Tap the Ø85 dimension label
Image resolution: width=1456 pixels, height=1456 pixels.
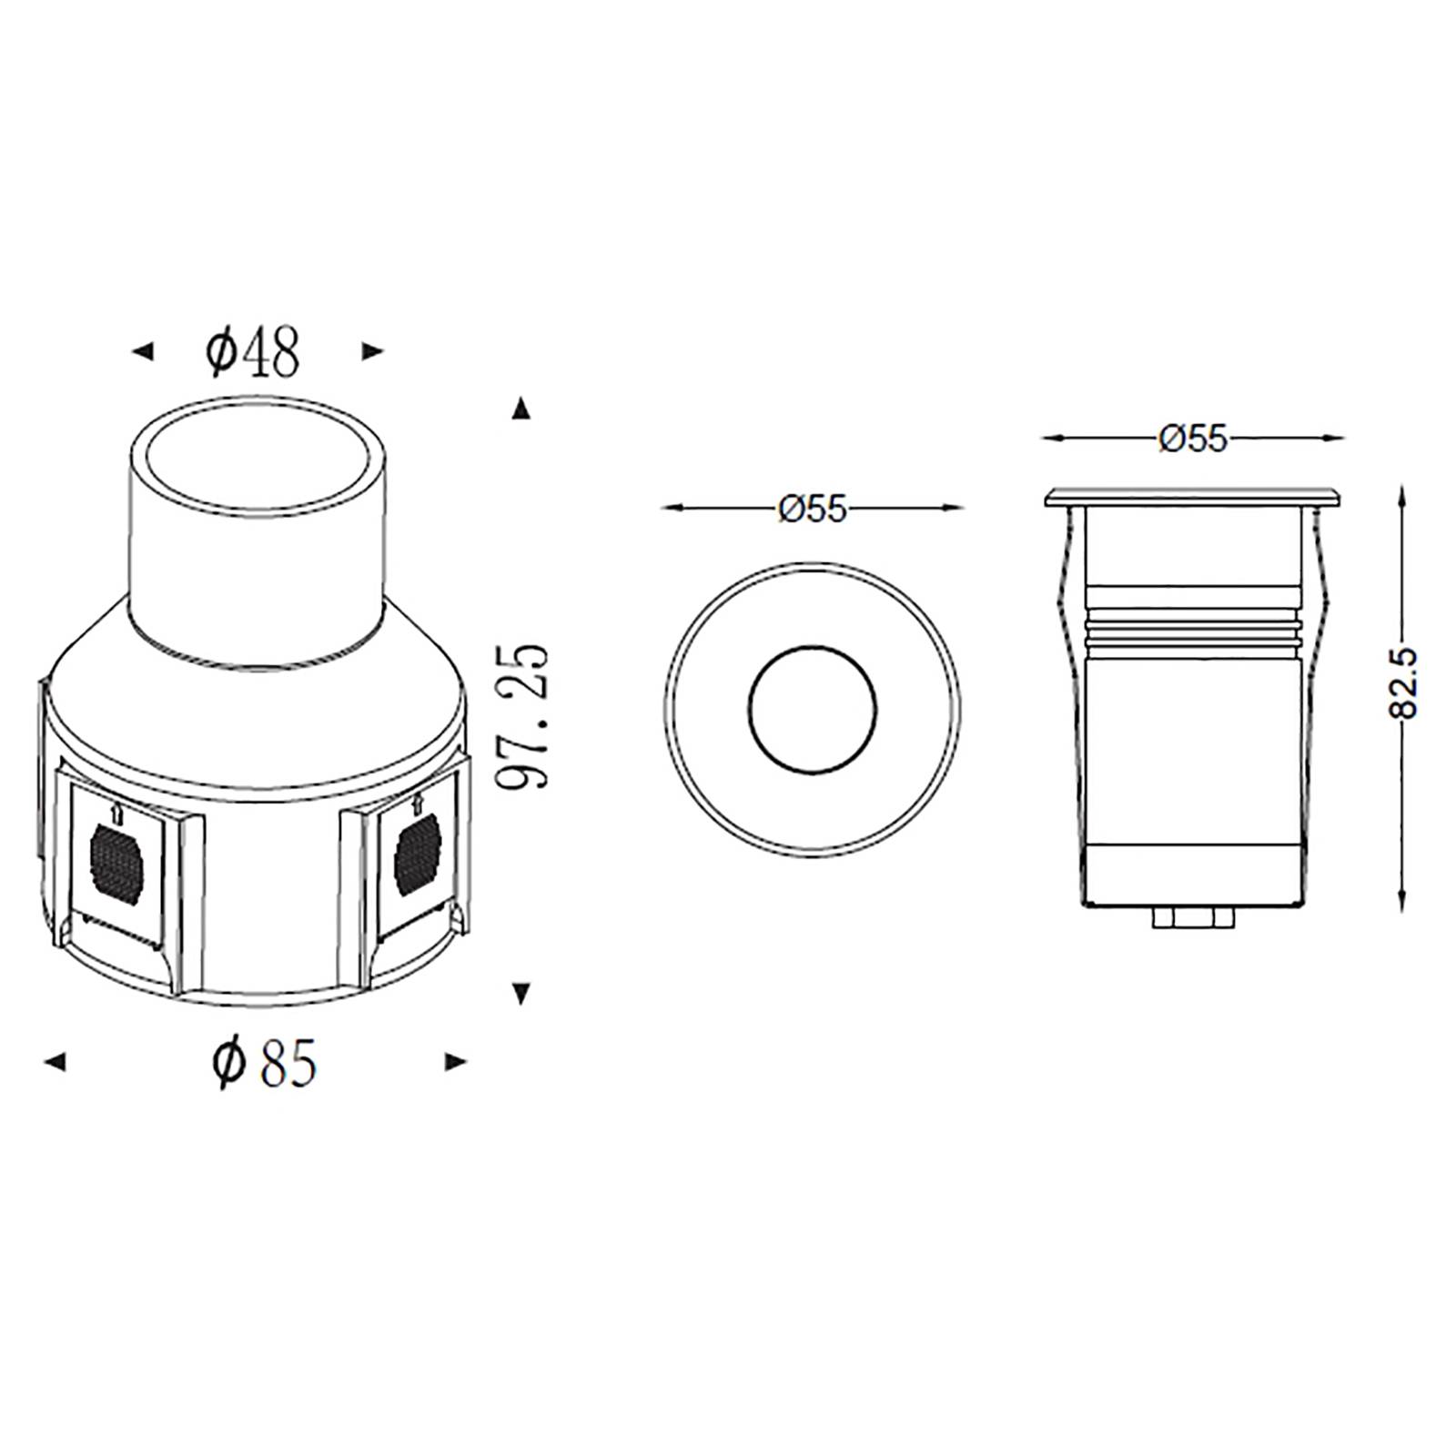(264, 1062)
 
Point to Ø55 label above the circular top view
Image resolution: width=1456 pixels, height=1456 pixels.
(812, 509)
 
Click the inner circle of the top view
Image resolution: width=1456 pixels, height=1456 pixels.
(812, 711)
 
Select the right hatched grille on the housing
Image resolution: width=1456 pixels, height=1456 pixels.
(418, 853)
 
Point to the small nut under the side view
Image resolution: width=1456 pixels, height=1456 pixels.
(1194, 917)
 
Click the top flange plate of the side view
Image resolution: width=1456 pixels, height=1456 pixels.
(1193, 496)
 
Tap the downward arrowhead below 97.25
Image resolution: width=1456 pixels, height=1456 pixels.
(521, 994)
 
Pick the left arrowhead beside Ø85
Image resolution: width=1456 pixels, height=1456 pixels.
(56, 1061)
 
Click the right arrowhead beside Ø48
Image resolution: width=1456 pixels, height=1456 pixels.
(372, 351)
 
